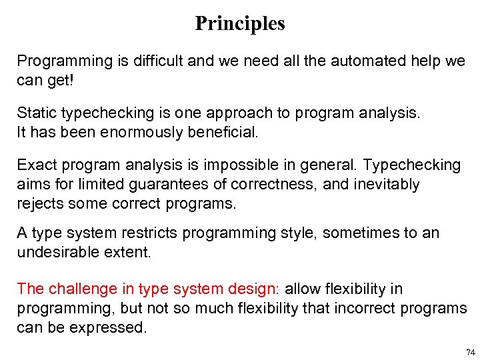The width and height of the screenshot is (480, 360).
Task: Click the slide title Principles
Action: click(x=240, y=24)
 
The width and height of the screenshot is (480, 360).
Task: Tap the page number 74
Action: click(x=470, y=352)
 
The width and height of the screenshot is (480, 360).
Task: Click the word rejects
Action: click(x=40, y=203)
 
